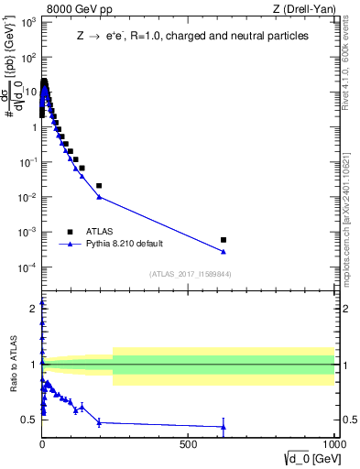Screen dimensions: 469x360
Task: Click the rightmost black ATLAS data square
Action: click(x=224, y=240)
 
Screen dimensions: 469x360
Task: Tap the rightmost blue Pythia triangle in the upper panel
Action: click(x=224, y=252)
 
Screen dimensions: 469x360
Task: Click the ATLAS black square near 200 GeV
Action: click(x=99, y=186)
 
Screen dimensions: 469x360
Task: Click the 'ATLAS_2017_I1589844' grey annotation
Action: click(x=190, y=274)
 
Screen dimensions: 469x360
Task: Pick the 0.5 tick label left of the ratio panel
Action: click(x=28, y=420)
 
